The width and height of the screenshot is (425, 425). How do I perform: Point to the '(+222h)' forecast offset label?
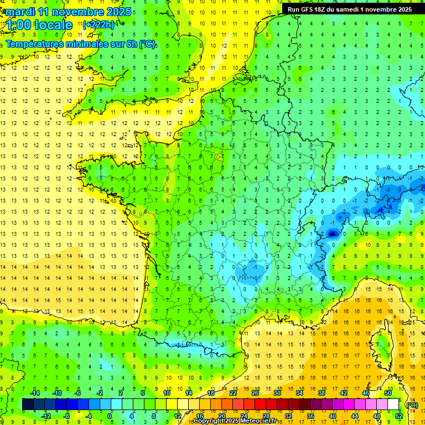[x=99, y=24]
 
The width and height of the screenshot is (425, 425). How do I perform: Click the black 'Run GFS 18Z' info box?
[x=349, y=9]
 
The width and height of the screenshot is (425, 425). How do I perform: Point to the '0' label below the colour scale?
[x=110, y=416]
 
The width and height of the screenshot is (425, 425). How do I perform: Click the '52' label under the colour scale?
[x=398, y=416]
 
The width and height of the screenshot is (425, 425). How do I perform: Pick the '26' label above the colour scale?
[x=255, y=392]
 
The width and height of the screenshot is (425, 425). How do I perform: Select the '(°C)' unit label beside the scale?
[x=412, y=405]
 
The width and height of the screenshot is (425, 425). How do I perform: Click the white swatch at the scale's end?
[x=393, y=405]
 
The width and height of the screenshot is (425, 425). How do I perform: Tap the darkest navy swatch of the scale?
[x=28, y=405]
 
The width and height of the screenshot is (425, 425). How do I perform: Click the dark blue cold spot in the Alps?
[x=332, y=234]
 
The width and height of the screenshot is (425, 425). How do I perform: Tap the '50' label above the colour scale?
[x=387, y=392]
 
